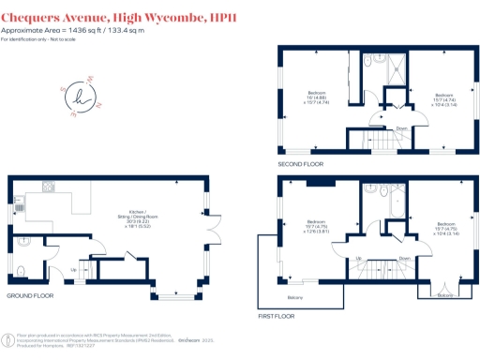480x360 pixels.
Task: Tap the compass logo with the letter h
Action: pos(79,95)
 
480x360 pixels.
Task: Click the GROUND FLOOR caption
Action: pos(32,295)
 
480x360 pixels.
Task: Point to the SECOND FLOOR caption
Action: pos(300,164)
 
